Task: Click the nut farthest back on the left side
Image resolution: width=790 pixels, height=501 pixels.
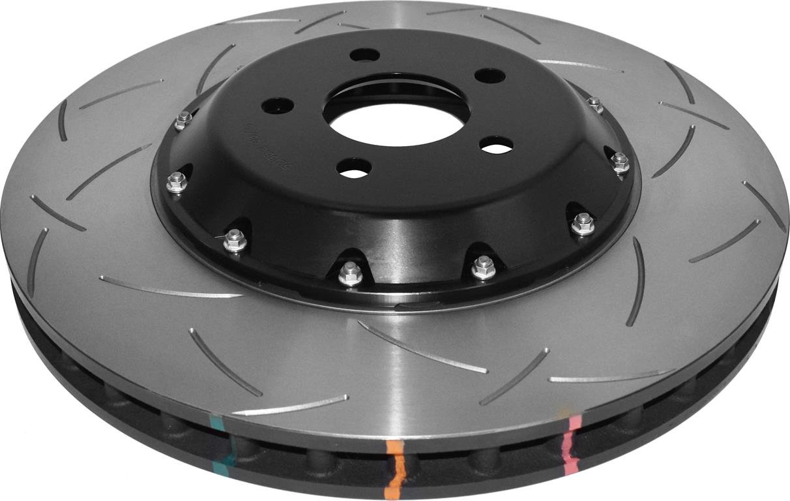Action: click(184, 120)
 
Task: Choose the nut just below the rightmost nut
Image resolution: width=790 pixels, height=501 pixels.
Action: click(583, 224)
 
